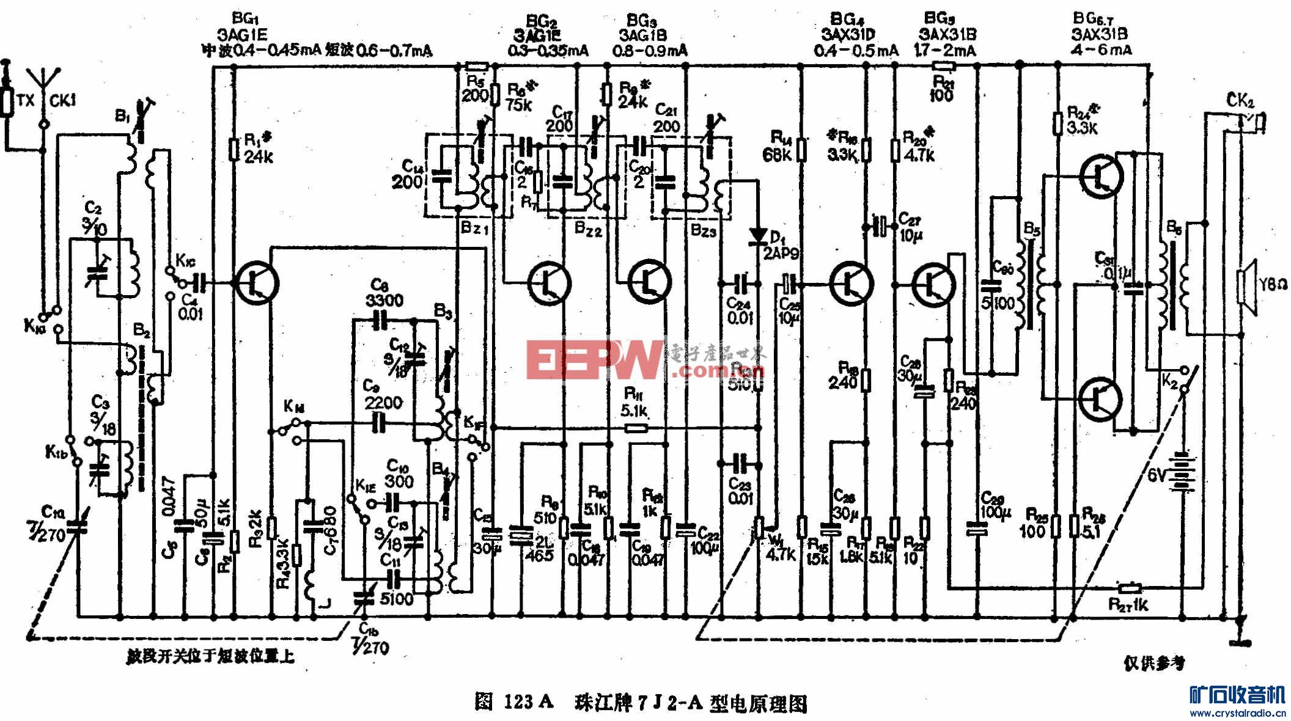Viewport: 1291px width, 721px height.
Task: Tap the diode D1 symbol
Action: tap(760, 235)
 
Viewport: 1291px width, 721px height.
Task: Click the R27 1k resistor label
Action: tap(1128, 605)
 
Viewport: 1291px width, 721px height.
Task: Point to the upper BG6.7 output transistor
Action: tap(1101, 175)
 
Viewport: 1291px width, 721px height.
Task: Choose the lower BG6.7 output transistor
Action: tap(1101, 398)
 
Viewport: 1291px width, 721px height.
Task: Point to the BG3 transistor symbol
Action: tap(650, 280)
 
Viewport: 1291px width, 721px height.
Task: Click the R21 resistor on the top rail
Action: tap(943, 66)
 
